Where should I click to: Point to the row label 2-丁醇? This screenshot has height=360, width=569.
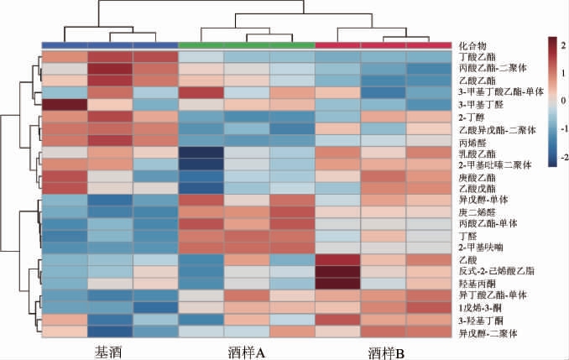pos(471,117)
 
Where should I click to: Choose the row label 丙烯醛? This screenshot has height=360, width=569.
pos(472,142)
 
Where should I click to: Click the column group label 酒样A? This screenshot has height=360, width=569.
pos(246,352)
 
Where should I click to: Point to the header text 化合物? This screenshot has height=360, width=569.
pos(472,44)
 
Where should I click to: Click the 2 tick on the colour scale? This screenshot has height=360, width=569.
pos(563,41)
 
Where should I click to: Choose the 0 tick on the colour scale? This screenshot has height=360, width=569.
pos(563,99)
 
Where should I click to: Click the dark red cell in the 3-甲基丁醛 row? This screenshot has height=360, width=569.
pos(64,105)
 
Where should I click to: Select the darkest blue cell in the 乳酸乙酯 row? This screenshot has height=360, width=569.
pos(201,154)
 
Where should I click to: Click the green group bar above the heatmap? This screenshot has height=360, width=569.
pos(246,44)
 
